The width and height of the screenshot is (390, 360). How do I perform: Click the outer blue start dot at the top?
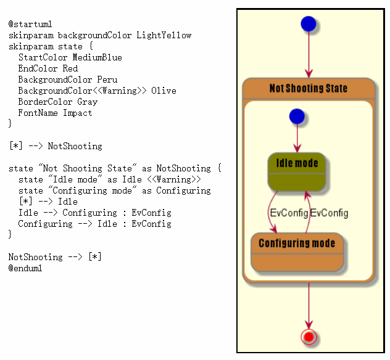click(309, 24)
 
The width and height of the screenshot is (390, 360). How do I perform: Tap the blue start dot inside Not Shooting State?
click(297, 116)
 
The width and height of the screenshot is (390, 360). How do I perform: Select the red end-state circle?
click(309, 337)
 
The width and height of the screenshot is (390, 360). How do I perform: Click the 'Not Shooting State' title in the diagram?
click(309, 88)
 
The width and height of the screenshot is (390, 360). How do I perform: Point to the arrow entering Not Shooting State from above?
click(309, 55)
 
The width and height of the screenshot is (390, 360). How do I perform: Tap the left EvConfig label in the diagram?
click(289, 213)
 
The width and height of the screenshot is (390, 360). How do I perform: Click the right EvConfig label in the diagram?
click(329, 213)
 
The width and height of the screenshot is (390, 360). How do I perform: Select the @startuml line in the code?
click(26, 24)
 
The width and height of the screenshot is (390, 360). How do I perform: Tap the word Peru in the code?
click(107, 80)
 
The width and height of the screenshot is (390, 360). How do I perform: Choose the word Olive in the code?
click(164, 91)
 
